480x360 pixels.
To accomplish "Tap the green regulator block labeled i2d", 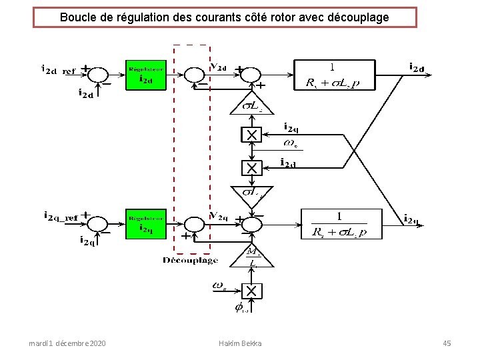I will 145,75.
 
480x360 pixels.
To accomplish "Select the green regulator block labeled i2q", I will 145,223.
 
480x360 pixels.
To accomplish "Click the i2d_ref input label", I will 59,69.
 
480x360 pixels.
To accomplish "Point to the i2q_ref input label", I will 61,217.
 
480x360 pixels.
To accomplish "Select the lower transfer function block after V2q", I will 339,224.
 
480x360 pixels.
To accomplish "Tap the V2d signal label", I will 219,67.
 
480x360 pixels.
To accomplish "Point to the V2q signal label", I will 219,215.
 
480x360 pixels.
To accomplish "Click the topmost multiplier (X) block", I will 251,135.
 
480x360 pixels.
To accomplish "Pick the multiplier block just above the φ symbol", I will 251,291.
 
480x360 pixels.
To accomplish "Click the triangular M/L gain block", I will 252,256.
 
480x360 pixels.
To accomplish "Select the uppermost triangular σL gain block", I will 251,104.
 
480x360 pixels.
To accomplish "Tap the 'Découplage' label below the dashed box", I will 190,260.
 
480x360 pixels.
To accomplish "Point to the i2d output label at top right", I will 417,67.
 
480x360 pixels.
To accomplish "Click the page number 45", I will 447,343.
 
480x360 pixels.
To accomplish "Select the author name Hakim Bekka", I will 240,343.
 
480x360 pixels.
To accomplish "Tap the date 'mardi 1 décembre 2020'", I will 67,343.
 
